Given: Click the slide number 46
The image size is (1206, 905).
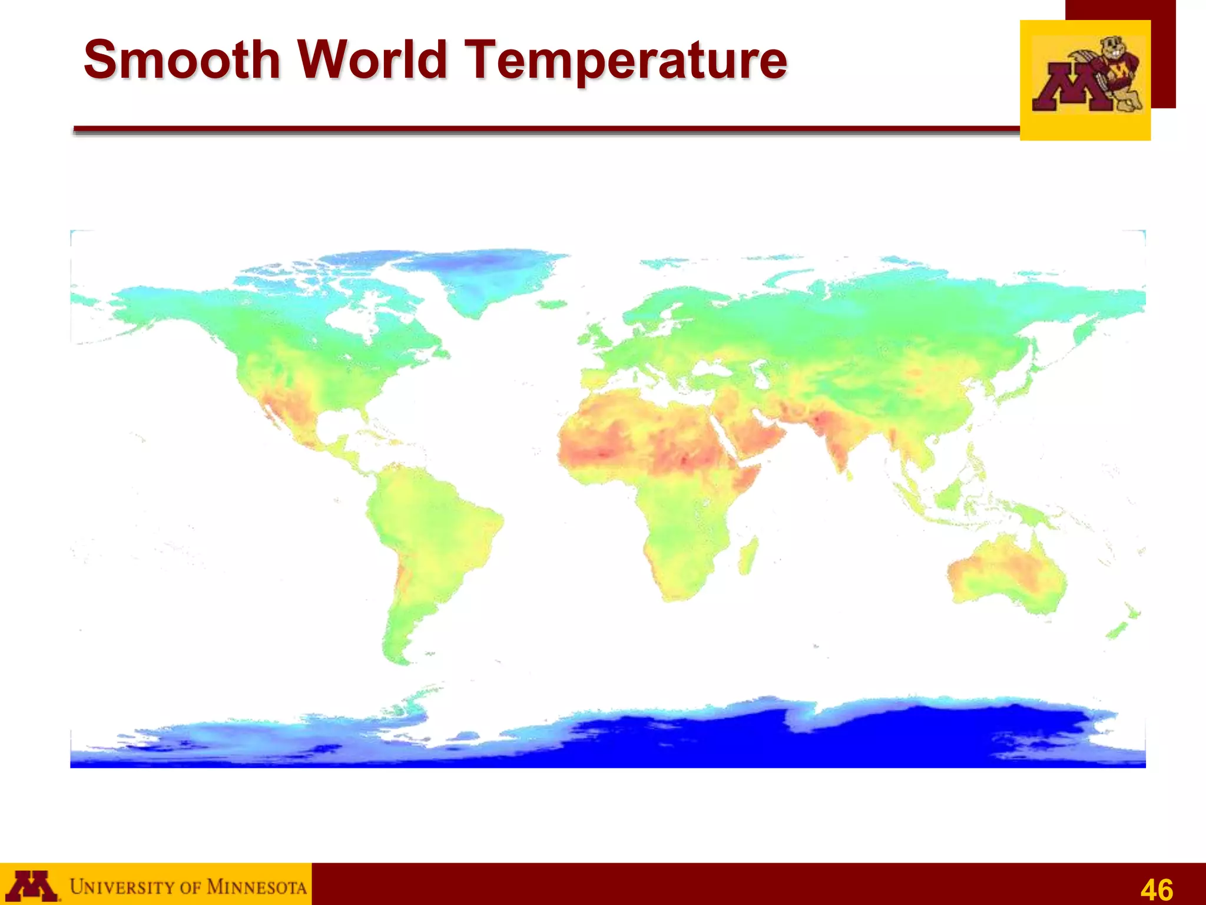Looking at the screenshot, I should click(x=1157, y=889).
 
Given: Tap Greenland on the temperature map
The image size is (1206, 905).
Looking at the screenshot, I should click(x=477, y=277).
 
